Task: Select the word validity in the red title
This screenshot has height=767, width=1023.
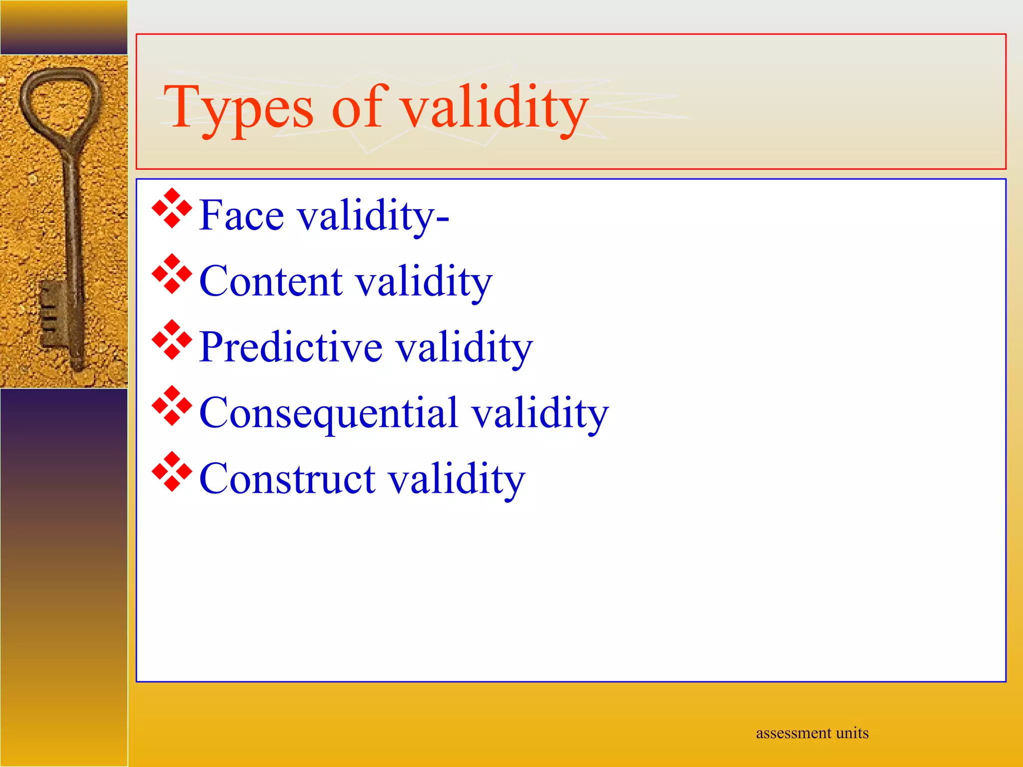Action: [495, 107]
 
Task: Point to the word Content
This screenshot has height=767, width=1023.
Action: [270, 282]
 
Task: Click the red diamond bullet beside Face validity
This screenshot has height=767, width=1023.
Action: [172, 208]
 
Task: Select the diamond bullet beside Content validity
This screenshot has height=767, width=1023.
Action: [172, 274]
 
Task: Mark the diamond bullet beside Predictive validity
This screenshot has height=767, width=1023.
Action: [172, 340]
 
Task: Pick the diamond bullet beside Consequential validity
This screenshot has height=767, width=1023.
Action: [172, 406]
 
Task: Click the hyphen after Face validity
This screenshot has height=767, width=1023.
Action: [443, 218]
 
